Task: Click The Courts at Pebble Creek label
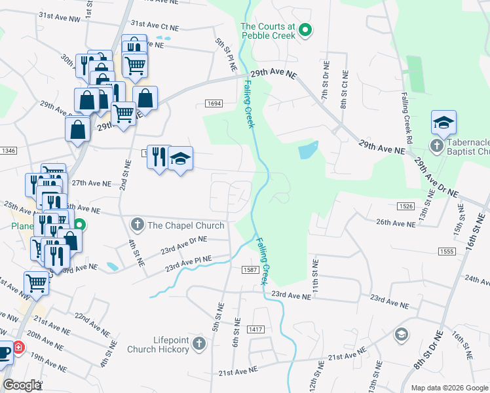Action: (x=268, y=31)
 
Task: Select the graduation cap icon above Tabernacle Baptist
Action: (x=443, y=122)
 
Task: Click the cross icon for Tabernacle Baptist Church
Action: (x=436, y=145)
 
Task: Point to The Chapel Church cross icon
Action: (x=138, y=225)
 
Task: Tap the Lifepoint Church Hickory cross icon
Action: (x=200, y=343)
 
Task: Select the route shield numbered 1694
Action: (x=214, y=103)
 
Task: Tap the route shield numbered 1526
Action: (x=405, y=206)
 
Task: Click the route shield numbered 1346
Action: (x=6, y=151)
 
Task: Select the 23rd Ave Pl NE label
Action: (x=189, y=263)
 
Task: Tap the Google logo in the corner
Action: (x=22, y=385)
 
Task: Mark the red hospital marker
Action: (x=18, y=348)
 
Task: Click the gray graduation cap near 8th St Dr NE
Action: (x=401, y=335)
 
